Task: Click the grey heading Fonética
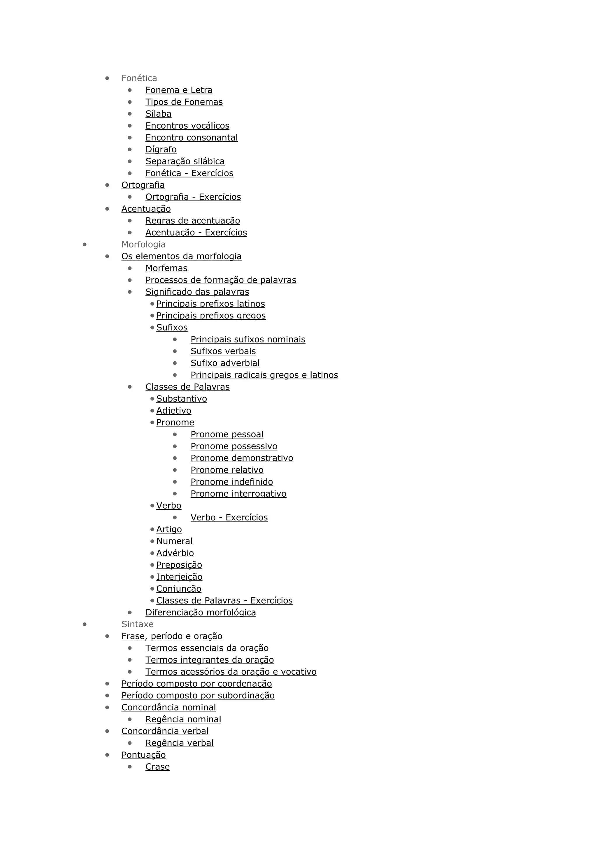pyautogui.click(x=139, y=78)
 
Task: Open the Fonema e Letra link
pyautogui.click(x=179, y=90)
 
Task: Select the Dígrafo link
pyautogui.click(x=161, y=150)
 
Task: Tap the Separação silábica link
pyautogui.click(x=185, y=161)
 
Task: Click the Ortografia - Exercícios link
pyautogui.click(x=193, y=197)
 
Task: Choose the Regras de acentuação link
pyautogui.click(x=193, y=221)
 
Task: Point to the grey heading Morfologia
pyautogui.click(x=143, y=245)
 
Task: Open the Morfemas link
pyautogui.click(x=166, y=268)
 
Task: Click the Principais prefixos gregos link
pyautogui.click(x=211, y=316)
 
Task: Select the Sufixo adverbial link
pyautogui.click(x=225, y=363)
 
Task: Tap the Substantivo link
pyautogui.click(x=181, y=399)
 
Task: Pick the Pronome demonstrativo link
pyautogui.click(x=242, y=458)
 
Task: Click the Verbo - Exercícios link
pyautogui.click(x=229, y=518)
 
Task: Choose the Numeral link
pyautogui.click(x=174, y=541)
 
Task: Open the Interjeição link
pyautogui.click(x=179, y=577)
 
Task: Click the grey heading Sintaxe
pyautogui.click(x=138, y=624)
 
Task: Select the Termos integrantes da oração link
pyautogui.click(x=210, y=660)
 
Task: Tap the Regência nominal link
pyautogui.click(x=183, y=719)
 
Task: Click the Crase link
pyautogui.click(x=157, y=767)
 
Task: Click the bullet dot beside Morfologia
pyautogui.click(x=85, y=245)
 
